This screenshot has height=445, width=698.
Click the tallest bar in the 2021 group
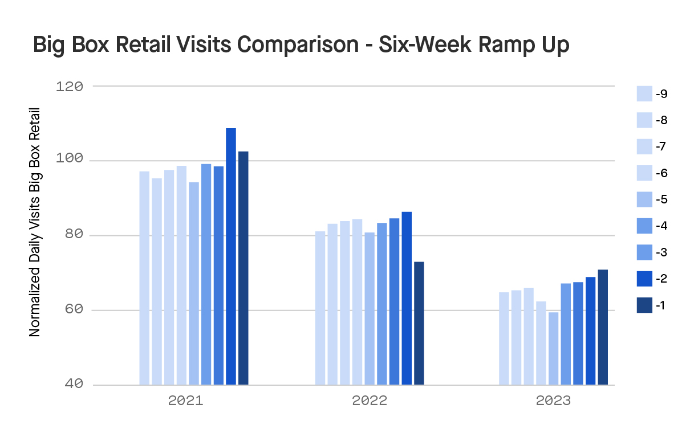click(231, 256)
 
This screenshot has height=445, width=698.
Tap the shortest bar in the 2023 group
click(553, 348)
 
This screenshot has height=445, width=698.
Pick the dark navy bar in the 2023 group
click(603, 327)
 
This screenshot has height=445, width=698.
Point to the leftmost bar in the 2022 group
click(320, 308)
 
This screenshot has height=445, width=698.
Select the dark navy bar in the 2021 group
click(244, 268)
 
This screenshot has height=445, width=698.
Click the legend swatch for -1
click(644, 305)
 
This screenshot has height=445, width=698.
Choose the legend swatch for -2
click(644, 279)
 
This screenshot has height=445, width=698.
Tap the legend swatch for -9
click(644, 94)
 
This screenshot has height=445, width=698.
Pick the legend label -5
click(662, 200)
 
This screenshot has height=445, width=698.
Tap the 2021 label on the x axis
click(185, 401)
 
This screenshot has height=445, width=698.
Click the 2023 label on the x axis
click(553, 401)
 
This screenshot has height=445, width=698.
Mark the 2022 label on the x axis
click(370, 401)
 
